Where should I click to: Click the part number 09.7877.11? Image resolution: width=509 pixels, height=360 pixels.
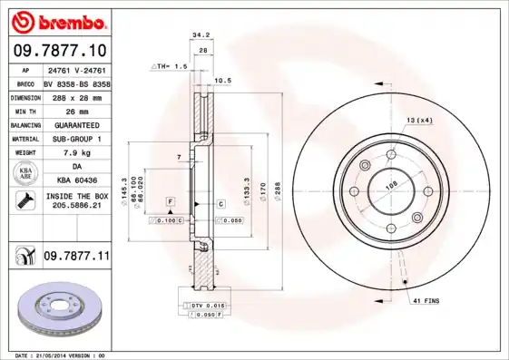tap(76, 258)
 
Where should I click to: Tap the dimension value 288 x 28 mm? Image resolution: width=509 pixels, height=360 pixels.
tap(76, 96)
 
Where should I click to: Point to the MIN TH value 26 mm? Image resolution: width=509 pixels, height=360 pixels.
tap(76, 110)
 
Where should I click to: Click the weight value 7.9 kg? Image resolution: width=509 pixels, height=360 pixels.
tap(76, 152)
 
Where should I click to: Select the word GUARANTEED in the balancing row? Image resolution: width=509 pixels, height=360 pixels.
tap(76, 124)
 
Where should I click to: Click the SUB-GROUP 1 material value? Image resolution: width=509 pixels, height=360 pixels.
tap(76, 139)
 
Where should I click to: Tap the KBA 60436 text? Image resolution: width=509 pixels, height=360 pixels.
tap(76, 180)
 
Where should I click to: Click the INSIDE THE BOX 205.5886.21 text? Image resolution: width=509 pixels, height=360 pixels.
tap(76, 201)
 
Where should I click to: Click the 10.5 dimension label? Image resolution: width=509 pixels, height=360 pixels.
tap(222, 80)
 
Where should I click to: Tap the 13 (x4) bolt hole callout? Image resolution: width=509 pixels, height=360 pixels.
tap(418, 121)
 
